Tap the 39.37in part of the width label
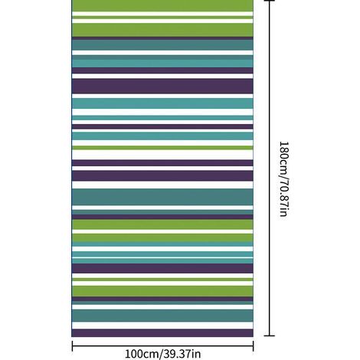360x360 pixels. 182,354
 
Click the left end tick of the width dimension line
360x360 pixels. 72,346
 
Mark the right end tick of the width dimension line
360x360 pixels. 253,346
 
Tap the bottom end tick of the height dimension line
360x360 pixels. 270,335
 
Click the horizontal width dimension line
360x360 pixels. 162,346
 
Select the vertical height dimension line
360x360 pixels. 270,168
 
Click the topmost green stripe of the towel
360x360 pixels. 162,5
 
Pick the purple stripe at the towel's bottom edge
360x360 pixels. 162,332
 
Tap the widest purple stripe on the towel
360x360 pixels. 162,86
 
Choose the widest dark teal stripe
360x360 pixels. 162,197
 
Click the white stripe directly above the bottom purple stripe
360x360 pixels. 162,326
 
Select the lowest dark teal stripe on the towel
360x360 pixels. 162,316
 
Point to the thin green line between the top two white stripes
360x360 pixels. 162,18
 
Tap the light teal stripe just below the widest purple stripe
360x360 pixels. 162,103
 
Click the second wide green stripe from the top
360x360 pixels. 162,30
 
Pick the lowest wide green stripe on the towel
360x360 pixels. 162,291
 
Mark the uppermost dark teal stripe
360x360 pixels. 162,44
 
